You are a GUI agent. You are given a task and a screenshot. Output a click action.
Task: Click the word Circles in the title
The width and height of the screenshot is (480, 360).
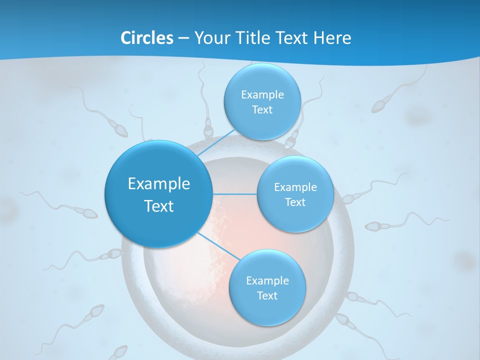tap(146, 38)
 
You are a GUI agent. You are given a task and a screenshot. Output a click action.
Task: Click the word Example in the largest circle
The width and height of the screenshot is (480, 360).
tap(159, 184)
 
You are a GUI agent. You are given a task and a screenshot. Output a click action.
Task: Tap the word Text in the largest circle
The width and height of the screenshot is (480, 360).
tap(159, 206)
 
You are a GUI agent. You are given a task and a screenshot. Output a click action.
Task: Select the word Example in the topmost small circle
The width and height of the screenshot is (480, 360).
tap(262, 95)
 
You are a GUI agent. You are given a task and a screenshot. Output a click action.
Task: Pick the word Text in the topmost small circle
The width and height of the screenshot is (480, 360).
tap(262, 110)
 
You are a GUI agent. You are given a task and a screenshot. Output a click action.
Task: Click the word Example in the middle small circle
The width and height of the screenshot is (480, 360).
tap(295, 187)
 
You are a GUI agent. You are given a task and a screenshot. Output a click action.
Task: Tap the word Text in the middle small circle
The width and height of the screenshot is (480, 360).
tap(295, 202)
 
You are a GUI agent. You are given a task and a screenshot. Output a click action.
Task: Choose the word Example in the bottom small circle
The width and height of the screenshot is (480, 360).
tap(267, 281)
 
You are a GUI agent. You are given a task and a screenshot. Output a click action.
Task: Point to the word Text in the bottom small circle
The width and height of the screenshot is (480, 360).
tap(267, 296)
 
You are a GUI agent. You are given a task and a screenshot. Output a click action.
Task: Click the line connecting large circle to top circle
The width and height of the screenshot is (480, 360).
tap(216, 143)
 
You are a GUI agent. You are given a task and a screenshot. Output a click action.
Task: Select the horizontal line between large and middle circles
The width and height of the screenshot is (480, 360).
tap(234, 194)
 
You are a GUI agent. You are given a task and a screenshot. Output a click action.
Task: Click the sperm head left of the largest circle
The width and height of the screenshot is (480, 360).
tap(89, 214)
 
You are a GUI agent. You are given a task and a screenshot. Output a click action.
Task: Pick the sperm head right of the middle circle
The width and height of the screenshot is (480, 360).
tap(372, 226)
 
